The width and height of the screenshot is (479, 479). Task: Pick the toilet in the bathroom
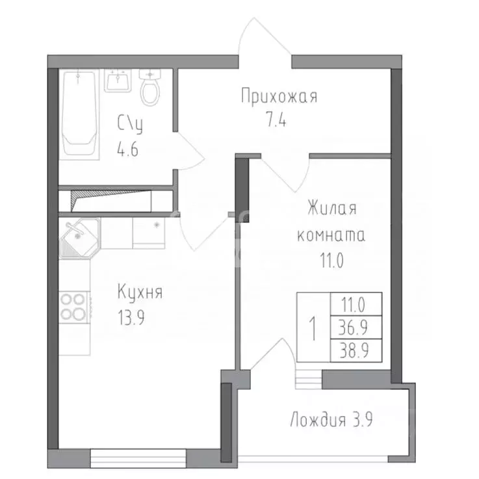[150, 90]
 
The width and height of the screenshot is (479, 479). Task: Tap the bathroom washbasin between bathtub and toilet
[118, 81]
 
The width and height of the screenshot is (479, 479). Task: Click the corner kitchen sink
[79, 237]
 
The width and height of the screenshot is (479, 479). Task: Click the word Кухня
[140, 292]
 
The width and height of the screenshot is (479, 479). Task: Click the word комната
[330, 235]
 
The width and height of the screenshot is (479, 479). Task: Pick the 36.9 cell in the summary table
[356, 327]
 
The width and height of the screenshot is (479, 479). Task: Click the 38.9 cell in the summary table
[356, 351]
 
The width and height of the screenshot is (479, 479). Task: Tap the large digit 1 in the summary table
[313, 328]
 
